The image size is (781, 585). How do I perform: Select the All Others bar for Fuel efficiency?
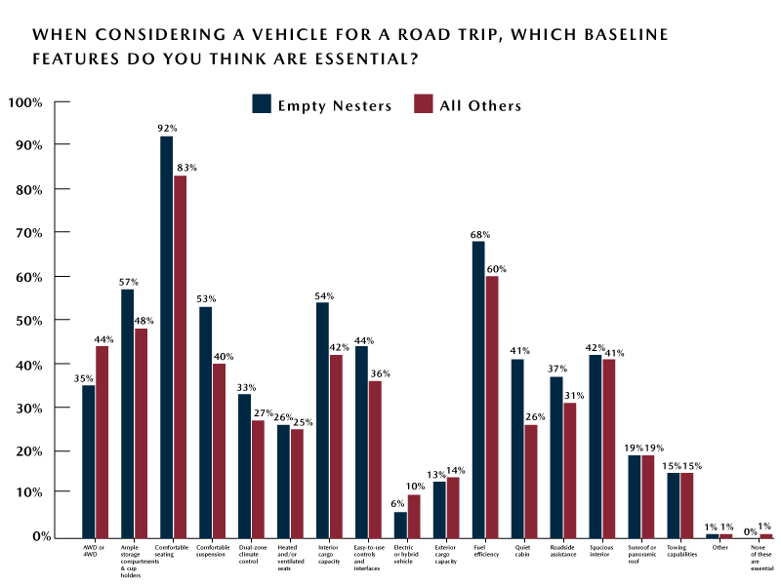[492, 406]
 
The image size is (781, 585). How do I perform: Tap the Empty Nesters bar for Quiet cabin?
[517, 448]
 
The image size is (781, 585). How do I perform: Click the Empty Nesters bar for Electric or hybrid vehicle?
[400, 524]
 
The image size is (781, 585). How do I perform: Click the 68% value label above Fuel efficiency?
[479, 234]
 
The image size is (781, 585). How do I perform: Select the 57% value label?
[128, 282]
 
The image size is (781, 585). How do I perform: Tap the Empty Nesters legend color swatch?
[262, 104]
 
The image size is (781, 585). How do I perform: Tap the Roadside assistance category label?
[563, 551]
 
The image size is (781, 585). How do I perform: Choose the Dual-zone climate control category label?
[251, 554]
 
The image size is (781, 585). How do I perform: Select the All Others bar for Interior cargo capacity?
[336, 446]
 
